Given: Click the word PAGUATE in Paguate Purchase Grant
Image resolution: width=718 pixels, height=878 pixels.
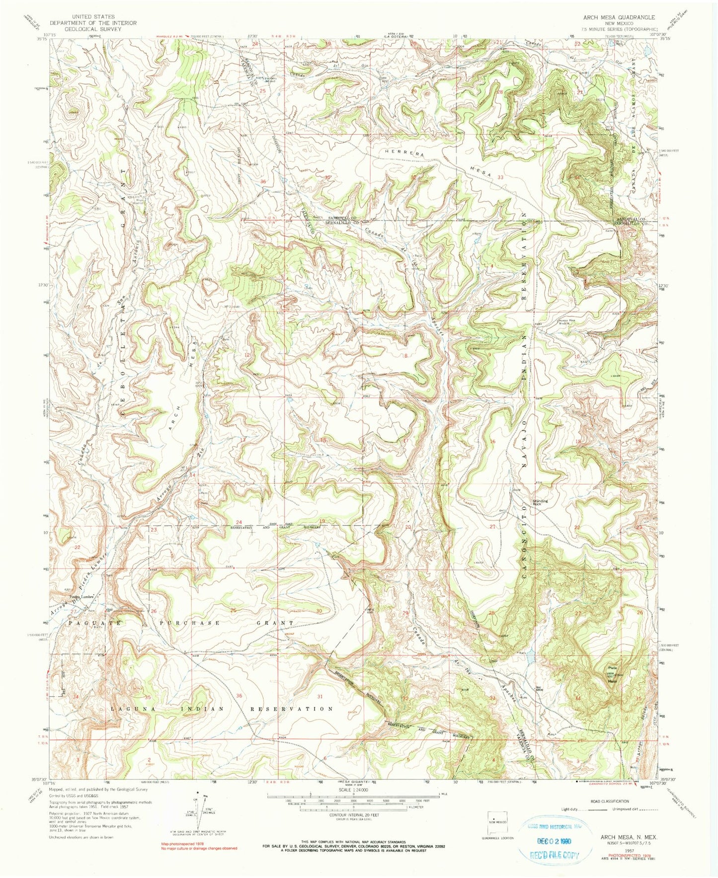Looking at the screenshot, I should click(x=87, y=622).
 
